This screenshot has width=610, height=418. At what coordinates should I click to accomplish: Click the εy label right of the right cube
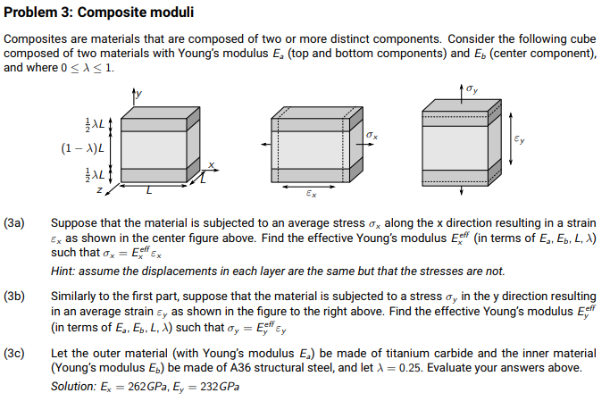tap(521, 141)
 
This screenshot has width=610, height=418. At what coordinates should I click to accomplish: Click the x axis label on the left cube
tap(212, 164)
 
